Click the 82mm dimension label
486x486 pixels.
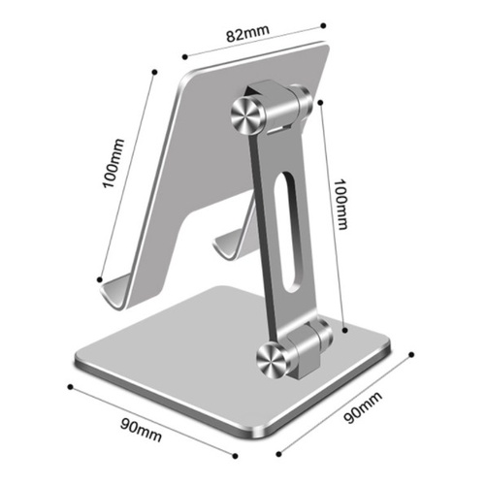[247, 33]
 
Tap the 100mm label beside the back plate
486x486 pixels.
[113, 163]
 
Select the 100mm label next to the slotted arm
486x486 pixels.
[340, 205]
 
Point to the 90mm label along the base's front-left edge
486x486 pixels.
[141, 430]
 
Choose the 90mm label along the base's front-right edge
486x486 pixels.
[363, 407]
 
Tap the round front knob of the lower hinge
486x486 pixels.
[274, 361]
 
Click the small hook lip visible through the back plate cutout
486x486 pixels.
[228, 244]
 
